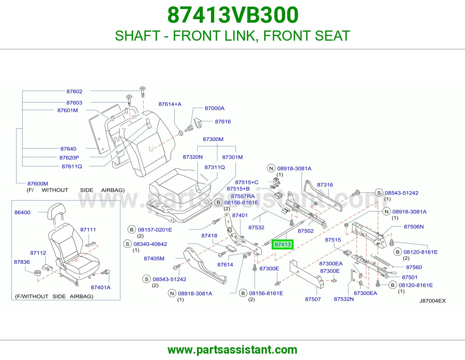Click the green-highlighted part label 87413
tap(282, 244)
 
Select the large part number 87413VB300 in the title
tap(233, 15)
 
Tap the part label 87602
tap(74, 91)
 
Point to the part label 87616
tap(223, 122)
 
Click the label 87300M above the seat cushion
tap(213, 139)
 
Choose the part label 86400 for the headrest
tap(22, 212)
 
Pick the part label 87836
tap(22, 262)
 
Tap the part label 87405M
tap(154, 258)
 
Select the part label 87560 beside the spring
tap(414, 267)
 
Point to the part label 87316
tap(325, 185)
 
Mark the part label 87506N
tap(414, 227)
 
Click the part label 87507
tap(313, 299)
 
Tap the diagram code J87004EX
tap(432, 301)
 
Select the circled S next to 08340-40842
tap(128, 244)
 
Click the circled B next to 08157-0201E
tap(132, 230)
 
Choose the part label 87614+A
tap(170, 104)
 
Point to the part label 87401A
tap(101, 287)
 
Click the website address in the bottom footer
tap(233, 350)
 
